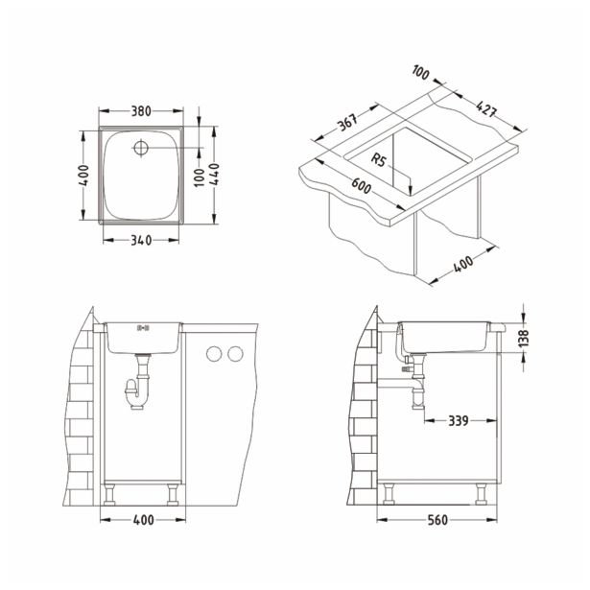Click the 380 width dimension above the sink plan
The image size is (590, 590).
pyautogui.click(x=141, y=110)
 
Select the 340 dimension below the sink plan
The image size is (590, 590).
pyautogui.click(x=141, y=241)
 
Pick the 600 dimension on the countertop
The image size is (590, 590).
pyautogui.click(x=361, y=188)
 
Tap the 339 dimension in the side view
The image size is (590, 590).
pyautogui.click(x=459, y=419)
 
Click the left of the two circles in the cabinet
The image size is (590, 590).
pyautogui.click(x=213, y=355)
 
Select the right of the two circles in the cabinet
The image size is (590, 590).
pyautogui.click(x=233, y=355)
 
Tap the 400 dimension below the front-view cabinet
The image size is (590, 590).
pyautogui.click(x=141, y=521)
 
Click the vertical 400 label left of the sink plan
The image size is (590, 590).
pyautogui.click(x=85, y=176)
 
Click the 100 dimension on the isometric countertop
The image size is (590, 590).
pyautogui.click(x=419, y=73)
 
